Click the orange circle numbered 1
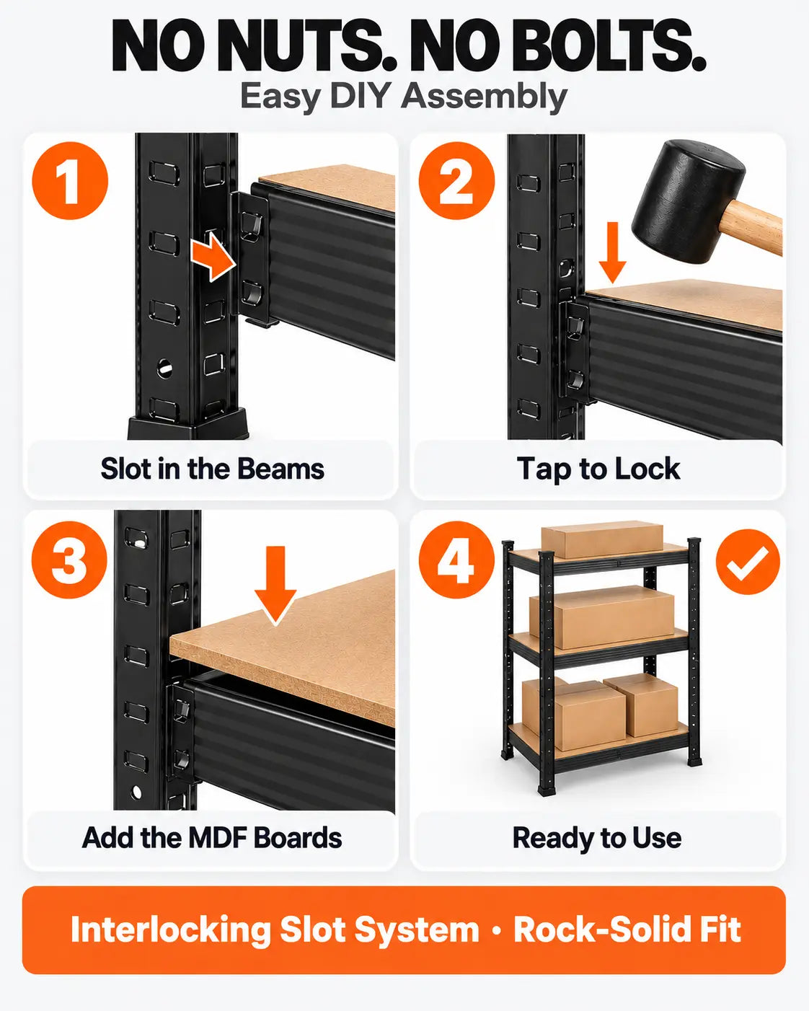click(70, 180)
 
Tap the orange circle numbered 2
click(456, 180)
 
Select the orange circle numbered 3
click(69, 560)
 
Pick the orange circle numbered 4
click(456, 560)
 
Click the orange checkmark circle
click(748, 562)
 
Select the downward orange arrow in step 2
click(613, 252)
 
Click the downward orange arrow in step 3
click(275, 585)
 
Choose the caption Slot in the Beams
click(213, 469)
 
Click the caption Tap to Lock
click(598, 469)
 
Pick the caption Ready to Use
click(596, 838)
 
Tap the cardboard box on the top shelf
click(602, 539)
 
